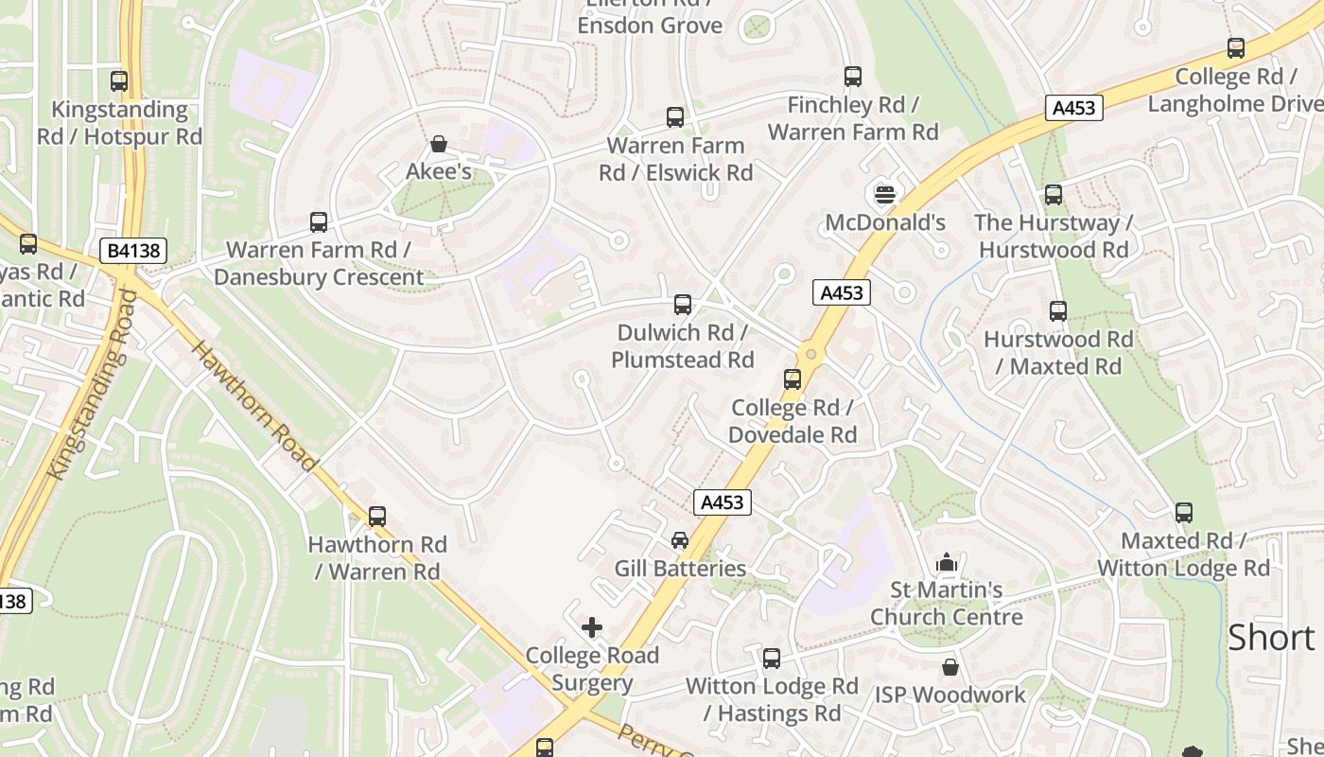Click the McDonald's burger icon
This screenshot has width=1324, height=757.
pyautogui.click(x=884, y=195)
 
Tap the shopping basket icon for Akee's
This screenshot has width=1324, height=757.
pyautogui.click(x=439, y=144)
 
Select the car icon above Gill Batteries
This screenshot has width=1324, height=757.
pyautogui.click(x=679, y=540)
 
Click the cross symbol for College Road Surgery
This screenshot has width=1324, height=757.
pyautogui.click(x=592, y=627)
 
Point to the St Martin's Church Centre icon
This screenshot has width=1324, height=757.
pyautogui.click(x=947, y=563)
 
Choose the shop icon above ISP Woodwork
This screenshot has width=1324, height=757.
pyautogui.click(x=950, y=667)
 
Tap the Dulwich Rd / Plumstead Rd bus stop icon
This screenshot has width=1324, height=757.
pyautogui.click(x=683, y=305)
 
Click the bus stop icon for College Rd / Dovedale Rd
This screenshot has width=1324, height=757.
pyautogui.click(x=793, y=379)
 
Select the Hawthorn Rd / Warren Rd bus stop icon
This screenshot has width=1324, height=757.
pyautogui.click(x=377, y=517)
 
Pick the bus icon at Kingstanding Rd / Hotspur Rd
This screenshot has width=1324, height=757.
pyautogui.click(x=119, y=81)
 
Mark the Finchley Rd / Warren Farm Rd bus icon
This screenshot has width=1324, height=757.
pyautogui.click(x=853, y=77)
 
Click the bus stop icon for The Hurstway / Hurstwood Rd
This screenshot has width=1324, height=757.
pyautogui.click(x=1054, y=196)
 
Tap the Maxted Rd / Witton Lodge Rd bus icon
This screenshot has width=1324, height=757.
pyautogui.click(x=1184, y=513)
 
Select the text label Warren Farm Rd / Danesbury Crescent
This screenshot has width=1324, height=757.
pyautogui.click(x=319, y=264)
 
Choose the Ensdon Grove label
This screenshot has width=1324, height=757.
pyautogui.click(x=650, y=26)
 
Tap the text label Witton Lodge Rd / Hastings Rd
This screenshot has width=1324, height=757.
pyautogui.click(x=772, y=699)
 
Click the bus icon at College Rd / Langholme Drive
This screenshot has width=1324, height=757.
pyautogui.click(x=1236, y=48)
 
